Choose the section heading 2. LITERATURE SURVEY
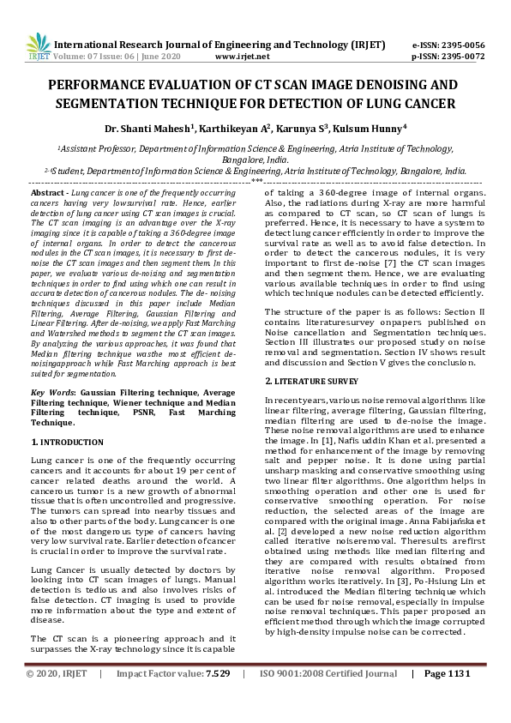[x=310, y=380]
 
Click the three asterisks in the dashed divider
[x=256, y=183]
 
